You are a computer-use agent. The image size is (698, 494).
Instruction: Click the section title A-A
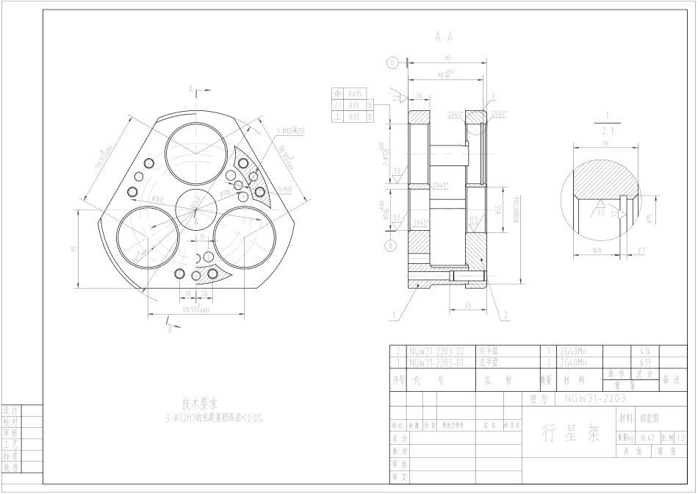[x=444, y=36]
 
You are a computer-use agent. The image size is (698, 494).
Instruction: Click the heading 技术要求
[x=200, y=404]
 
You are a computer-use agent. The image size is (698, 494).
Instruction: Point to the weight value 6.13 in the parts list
[x=646, y=362]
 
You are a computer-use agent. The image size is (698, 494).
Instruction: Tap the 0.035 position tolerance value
[x=355, y=94]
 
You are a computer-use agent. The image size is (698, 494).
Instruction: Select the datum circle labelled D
[x=392, y=63]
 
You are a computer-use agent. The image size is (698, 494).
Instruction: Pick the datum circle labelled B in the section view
[x=391, y=245]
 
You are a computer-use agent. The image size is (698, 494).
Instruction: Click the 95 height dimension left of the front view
[x=74, y=248]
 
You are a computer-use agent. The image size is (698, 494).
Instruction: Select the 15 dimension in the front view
[x=203, y=237]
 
